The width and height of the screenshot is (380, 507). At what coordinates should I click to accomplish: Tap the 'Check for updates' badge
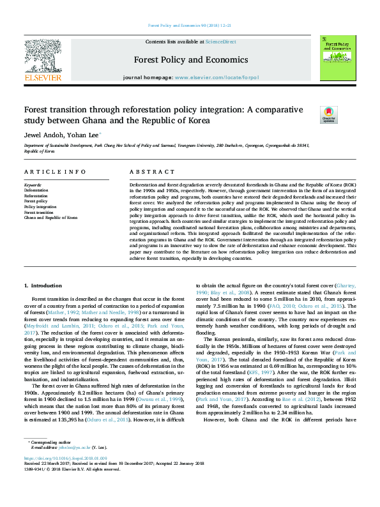point(328,114)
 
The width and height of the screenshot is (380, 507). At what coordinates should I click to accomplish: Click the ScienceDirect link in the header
point(220,42)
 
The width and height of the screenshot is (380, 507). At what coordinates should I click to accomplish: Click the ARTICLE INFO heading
point(55,172)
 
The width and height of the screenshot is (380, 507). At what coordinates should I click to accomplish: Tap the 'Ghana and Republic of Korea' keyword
point(50,217)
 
